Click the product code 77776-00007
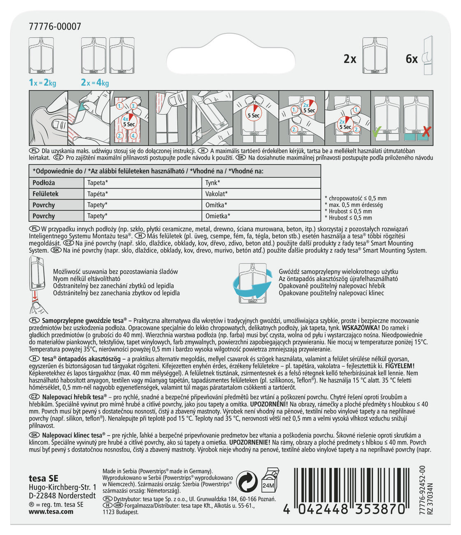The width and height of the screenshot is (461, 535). click(x=55, y=27)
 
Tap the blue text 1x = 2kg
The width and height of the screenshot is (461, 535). click(x=42, y=83)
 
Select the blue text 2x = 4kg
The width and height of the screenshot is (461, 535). click(x=95, y=83)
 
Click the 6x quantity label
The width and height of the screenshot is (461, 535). click(x=412, y=59)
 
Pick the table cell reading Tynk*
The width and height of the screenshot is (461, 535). click(x=213, y=183)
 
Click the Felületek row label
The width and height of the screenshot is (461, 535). click(x=46, y=194)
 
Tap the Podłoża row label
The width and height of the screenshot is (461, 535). click(x=44, y=183)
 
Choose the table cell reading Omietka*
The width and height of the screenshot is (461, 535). click(x=218, y=216)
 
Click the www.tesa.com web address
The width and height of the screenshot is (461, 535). click(x=51, y=512)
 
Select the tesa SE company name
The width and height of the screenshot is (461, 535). click(x=44, y=478)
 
